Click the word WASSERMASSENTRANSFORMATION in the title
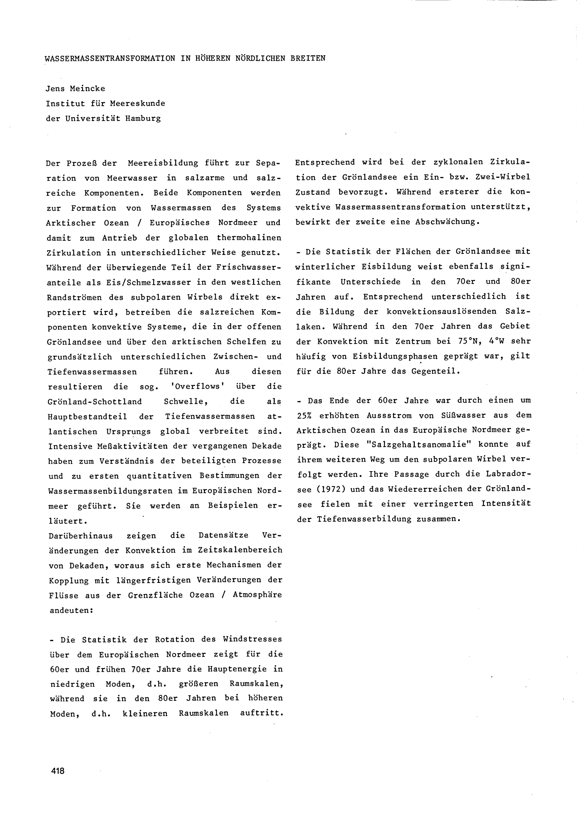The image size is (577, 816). tap(110, 58)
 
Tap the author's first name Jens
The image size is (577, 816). tap(56, 89)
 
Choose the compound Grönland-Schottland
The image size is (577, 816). tap(95, 402)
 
